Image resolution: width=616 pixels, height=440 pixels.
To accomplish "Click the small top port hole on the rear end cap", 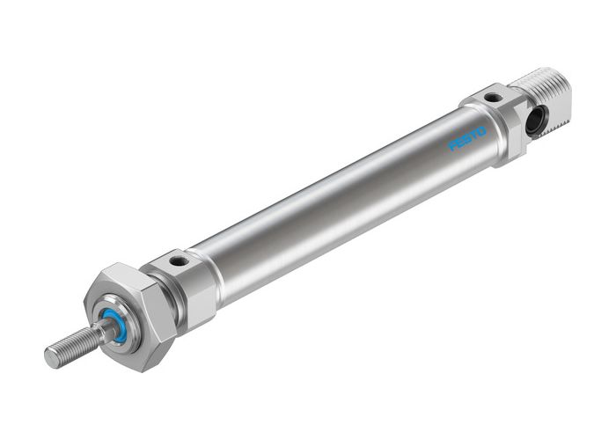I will [493, 98].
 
